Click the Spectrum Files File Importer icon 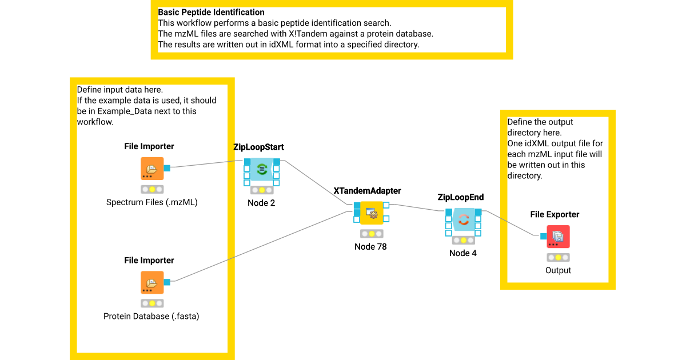click(152, 169)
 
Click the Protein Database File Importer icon click(152, 282)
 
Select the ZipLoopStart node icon click(262, 169)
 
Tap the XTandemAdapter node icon click(371, 213)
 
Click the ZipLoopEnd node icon click(464, 219)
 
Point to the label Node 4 click(463, 253)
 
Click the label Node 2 click(261, 203)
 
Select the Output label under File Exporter click(558, 270)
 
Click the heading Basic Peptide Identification click(211, 12)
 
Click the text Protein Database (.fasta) click(151, 316)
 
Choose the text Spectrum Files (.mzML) click(152, 202)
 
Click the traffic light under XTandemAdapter click(372, 233)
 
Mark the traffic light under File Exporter click(558, 257)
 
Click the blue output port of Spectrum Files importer click(167, 168)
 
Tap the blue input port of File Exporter click(543, 236)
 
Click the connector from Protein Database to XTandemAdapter click(257, 247)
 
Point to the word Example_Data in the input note click(124, 111)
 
